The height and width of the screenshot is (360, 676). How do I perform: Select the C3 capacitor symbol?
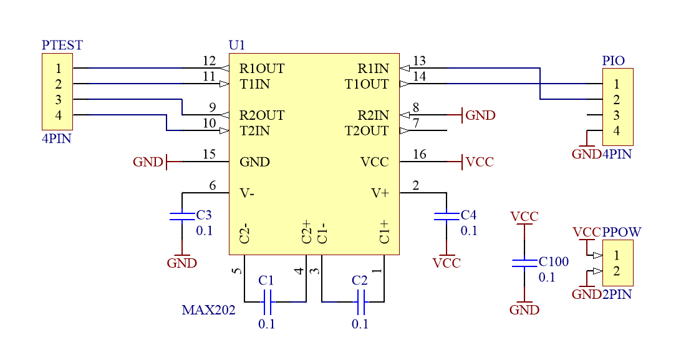(182, 216)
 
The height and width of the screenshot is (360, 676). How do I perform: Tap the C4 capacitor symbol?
(447, 216)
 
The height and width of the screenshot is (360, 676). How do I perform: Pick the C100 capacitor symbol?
(524, 263)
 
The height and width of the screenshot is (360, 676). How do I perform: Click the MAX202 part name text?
(208, 310)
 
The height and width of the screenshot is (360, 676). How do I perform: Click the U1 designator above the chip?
(237, 46)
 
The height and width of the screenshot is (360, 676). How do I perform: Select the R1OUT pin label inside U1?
(262, 69)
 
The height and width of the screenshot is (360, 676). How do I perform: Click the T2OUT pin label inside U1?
(367, 131)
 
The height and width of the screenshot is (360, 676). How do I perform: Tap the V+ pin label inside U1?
(380, 193)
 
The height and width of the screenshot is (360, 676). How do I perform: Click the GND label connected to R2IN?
(480, 115)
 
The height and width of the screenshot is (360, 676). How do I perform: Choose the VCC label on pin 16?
(480, 162)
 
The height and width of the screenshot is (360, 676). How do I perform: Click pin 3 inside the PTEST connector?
(58, 100)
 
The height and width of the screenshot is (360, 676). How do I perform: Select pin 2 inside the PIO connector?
(616, 100)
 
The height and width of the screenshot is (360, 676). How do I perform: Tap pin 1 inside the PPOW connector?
(616, 256)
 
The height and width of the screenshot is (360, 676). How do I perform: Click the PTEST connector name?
(62, 46)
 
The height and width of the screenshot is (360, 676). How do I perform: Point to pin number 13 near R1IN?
(419, 61)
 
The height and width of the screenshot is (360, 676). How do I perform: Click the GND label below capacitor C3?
(181, 263)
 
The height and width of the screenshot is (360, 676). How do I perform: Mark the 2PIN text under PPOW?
(617, 294)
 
